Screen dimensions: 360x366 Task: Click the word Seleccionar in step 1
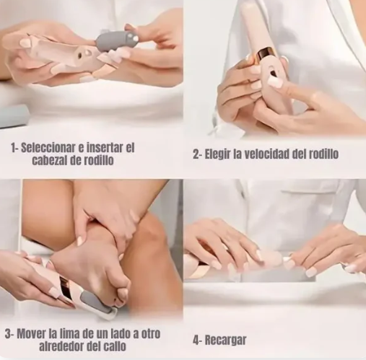pos(47,147)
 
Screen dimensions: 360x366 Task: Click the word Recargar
pos(226,340)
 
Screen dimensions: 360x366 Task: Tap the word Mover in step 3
pos(34,334)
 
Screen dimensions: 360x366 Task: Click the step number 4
pos(196,340)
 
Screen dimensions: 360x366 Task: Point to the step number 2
pos(196,154)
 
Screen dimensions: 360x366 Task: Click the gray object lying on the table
pos(13,115)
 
